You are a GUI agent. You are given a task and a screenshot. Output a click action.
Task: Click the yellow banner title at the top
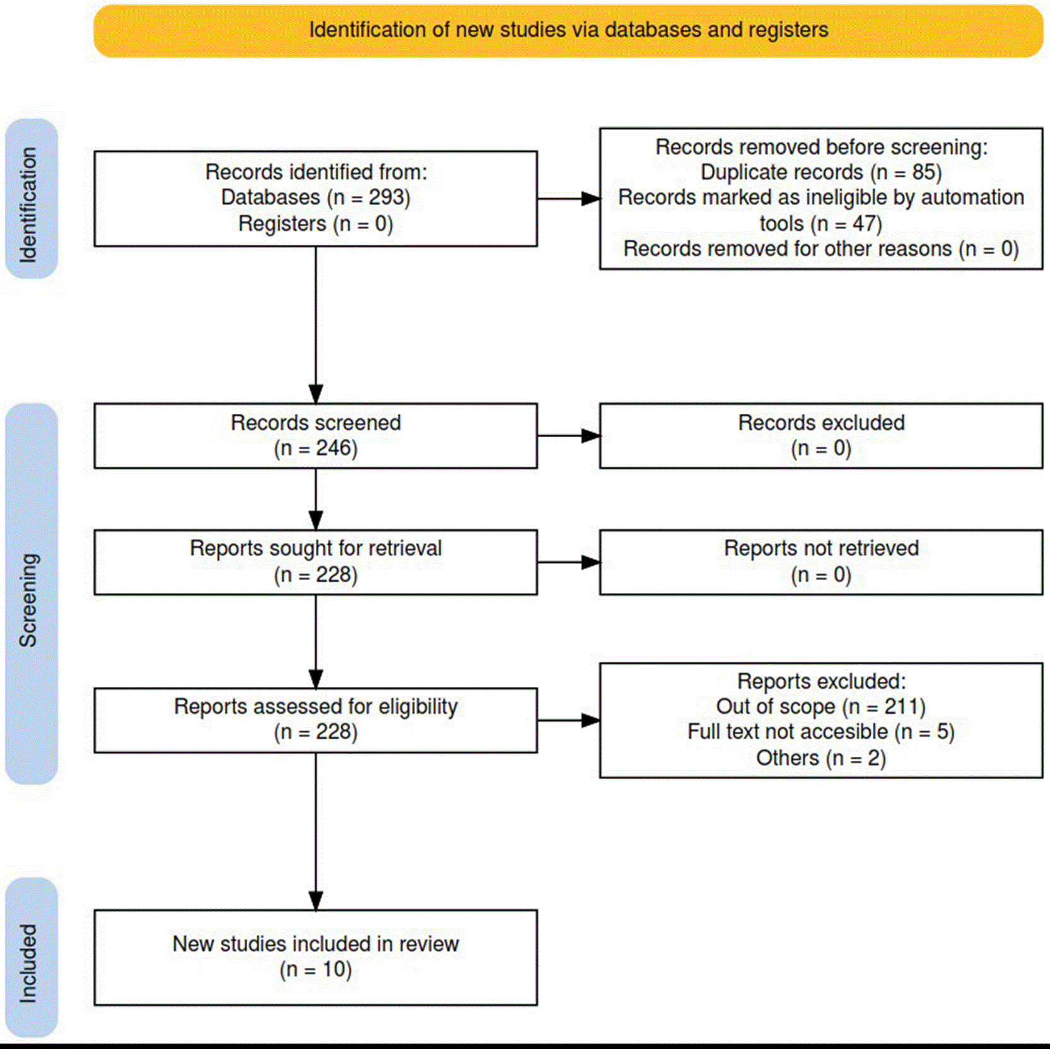tap(568, 30)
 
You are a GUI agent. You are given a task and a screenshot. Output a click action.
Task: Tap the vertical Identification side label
tap(28, 205)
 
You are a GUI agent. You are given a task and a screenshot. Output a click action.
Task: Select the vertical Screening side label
tap(28, 600)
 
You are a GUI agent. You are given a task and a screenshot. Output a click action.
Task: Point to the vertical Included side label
tap(28, 963)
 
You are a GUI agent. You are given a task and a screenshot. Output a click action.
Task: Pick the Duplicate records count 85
tap(924, 172)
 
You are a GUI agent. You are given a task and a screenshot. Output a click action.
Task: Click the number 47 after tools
tap(865, 223)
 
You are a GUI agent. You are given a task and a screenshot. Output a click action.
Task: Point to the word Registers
tap(282, 224)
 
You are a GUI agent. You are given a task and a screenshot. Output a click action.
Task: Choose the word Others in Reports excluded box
tap(788, 758)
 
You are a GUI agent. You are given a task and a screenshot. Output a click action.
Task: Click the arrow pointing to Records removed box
tap(568, 199)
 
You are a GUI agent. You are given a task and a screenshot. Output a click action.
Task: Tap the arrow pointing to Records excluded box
tap(568, 436)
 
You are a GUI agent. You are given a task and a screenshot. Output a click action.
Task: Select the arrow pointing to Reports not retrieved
tap(568, 562)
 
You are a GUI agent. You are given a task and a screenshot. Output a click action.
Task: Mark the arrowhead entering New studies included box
tap(316, 901)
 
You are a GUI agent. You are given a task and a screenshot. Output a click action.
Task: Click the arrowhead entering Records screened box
tap(316, 394)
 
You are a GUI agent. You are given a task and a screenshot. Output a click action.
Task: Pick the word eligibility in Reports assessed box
tap(418, 707)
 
